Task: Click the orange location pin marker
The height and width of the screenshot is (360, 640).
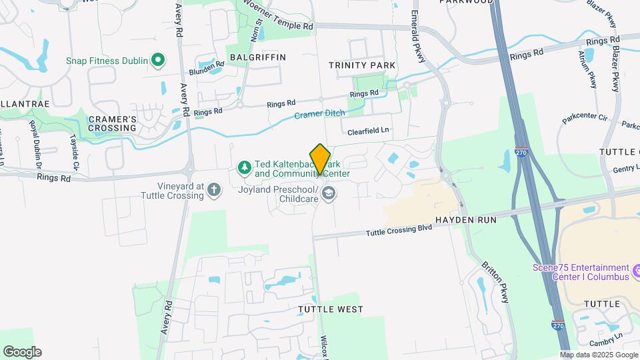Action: [320, 159]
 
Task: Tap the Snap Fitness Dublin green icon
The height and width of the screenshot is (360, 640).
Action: [158, 61]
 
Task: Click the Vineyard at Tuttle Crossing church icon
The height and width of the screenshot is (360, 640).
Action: [214, 190]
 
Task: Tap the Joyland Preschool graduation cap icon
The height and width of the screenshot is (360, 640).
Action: [328, 193]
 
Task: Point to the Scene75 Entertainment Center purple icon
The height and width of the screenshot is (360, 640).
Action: [636, 271]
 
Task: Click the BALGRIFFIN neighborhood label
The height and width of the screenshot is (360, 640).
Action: [257, 57]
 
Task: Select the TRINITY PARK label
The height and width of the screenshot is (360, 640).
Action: [362, 65]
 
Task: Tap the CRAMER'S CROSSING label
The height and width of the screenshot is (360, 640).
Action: [112, 123]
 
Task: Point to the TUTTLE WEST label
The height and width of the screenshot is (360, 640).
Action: [331, 309]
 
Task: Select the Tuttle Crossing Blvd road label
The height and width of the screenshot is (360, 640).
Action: [399, 230]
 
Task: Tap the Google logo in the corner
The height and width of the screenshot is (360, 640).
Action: [22, 352]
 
